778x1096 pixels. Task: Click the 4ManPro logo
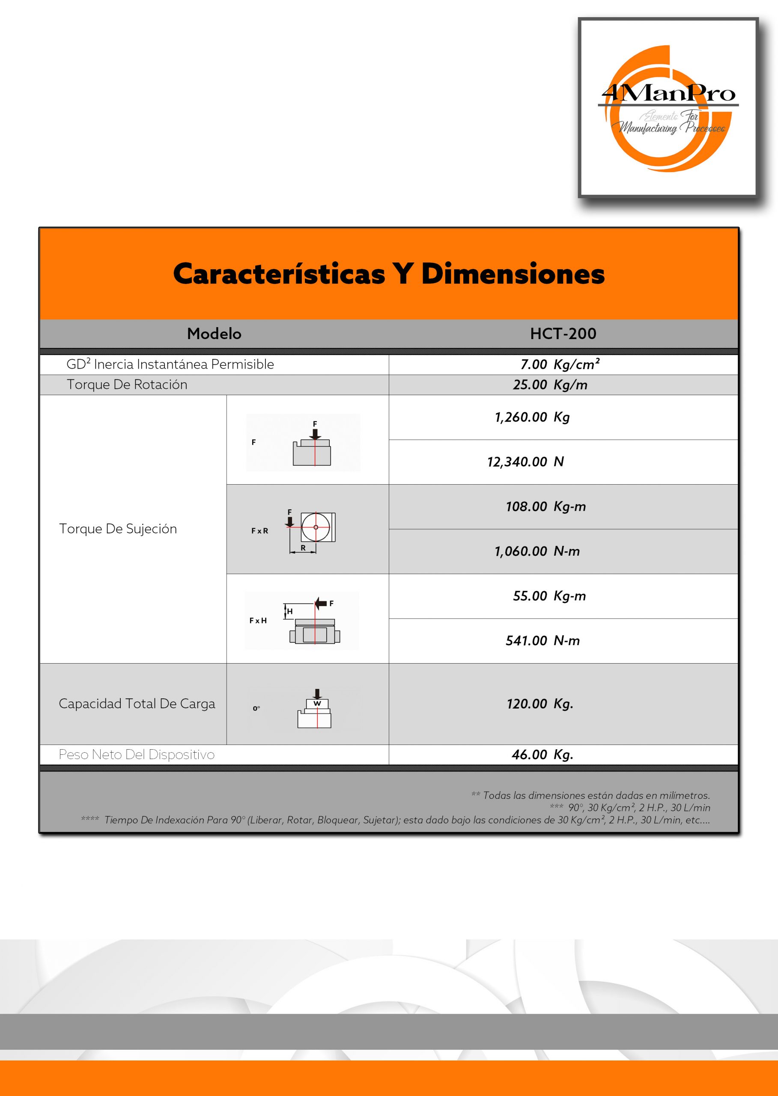coord(668,108)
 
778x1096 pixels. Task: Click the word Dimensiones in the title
coord(513,274)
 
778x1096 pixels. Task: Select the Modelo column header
coord(214,334)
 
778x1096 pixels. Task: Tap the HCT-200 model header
coord(563,334)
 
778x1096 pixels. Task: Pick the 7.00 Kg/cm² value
coord(560,364)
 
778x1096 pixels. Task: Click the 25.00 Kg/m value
coord(550,384)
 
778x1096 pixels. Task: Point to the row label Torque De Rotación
coord(127,384)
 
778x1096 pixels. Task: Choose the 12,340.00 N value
coord(525,462)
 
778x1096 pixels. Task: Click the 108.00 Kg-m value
coord(545,506)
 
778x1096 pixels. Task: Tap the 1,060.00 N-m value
coord(537,551)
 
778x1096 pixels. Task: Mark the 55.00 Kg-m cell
coord(549,596)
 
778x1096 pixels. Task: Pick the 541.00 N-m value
coord(543,640)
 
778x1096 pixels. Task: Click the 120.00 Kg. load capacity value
coord(540,704)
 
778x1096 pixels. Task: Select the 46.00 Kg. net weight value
coord(543,754)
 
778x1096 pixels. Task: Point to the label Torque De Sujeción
coord(118,529)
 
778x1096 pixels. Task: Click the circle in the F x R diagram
coord(316,527)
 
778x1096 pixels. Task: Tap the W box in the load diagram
coord(317,703)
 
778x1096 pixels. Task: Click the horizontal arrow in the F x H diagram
coord(321,603)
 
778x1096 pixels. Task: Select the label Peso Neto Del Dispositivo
coord(137,754)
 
